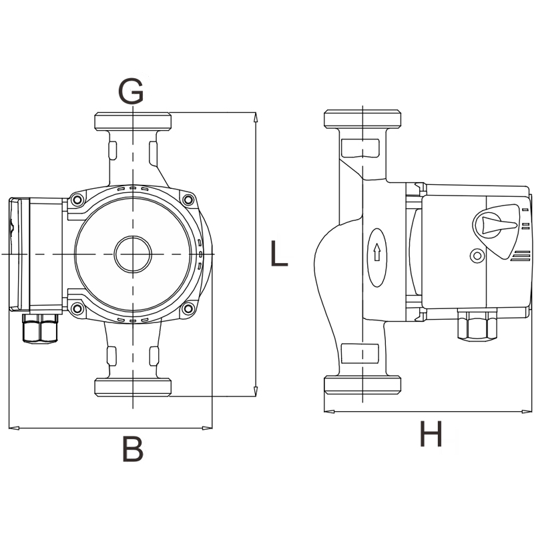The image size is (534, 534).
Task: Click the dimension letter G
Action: pyautogui.click(x=131, y=91)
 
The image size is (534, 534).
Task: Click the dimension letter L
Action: pyautogui.click(x=279, y=253)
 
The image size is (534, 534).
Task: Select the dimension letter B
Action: pyautogui.click(x=132, y=449)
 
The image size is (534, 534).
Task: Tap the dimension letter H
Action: pyautogui.click(x=431, y=433)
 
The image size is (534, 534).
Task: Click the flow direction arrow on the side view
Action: pyautogui.click(x=376, y=252)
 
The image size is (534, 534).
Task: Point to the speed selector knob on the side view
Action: pyautogui.click(x=495, y=224)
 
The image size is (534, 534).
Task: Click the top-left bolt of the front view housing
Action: pyautogui.click(x=77, y=200)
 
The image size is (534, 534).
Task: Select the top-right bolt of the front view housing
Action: pyautogui.click(x=188, y=200)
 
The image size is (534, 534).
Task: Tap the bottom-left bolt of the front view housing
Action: pyautogui.click(x=77, y=308)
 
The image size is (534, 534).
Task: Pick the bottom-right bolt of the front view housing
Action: pyautogui.click(x=188, y=308)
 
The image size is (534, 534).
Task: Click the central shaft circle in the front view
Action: pyautogui.click(x=133, y=254)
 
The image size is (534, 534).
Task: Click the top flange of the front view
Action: pyautogui.click(x=133, y=121)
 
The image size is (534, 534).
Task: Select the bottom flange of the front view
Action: pyautogui.click(x=133, y=387)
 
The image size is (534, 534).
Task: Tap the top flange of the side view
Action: pyautogui.click(x=362, y=119)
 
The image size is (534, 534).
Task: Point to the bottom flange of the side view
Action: pyautogui.click(x=362, y=385)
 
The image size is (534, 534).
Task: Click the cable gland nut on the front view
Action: pyautogui.click(x=40, y=328)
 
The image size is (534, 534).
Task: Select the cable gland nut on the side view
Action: pyautogui.click(x=477, y=324)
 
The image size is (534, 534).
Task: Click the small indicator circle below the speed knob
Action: pyautogui.click(x=477, y=256)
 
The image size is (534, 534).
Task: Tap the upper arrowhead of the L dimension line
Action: pyautogui.click(x=256, y=117)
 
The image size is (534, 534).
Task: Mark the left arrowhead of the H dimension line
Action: pyautogui.click(x=329, y=411)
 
